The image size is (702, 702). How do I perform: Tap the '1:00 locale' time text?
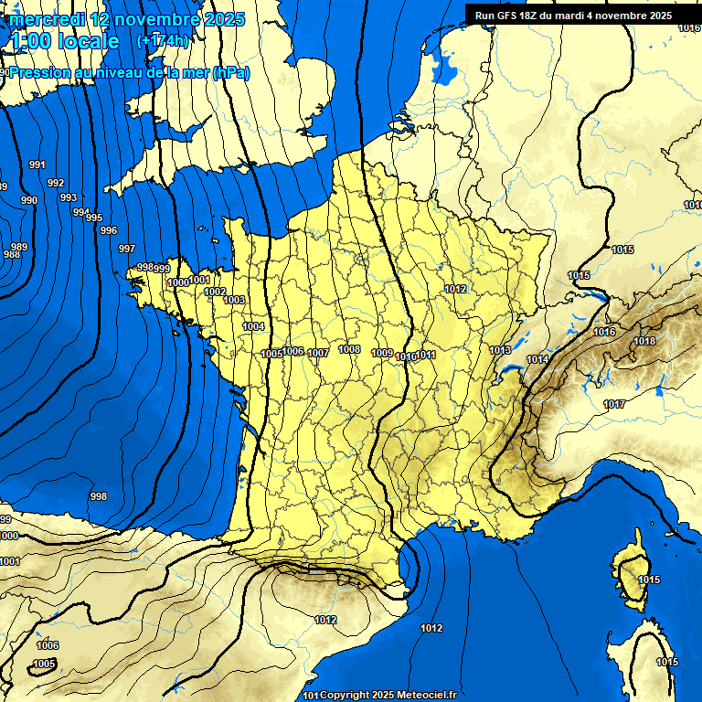65,42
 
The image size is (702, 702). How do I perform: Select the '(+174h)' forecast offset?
163,41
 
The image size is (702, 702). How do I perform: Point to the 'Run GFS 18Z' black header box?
573,15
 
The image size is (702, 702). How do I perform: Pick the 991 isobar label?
37,165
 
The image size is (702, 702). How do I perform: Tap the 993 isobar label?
69,197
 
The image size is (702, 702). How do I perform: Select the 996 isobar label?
109,230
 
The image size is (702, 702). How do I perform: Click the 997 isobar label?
127,249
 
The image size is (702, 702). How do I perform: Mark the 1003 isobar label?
234,300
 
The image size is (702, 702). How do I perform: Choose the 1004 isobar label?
253,326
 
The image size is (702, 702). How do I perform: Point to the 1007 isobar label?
318,353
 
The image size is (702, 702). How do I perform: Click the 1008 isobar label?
349,349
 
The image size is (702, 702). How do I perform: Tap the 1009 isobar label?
382,354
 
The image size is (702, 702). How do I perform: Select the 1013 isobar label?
500,350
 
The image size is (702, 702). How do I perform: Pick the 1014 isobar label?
537,359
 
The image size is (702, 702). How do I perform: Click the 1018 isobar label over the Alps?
645,341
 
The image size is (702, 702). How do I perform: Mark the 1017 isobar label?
614,404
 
